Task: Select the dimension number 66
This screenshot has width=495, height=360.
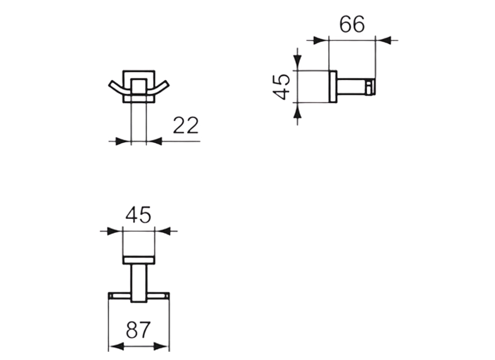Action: point(352,25)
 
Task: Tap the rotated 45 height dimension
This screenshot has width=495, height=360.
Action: point(282,87)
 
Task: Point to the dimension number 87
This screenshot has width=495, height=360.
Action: point(138,331)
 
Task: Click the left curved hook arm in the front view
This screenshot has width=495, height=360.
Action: point(116,88)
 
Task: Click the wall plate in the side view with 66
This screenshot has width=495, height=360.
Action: point(334,87)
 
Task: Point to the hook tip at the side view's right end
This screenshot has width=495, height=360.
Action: point(370,87)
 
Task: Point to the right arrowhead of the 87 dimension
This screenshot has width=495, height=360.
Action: point(162,346)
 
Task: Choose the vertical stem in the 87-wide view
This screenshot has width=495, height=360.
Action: point(139,283)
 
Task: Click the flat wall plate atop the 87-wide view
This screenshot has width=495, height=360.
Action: point(139,260)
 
